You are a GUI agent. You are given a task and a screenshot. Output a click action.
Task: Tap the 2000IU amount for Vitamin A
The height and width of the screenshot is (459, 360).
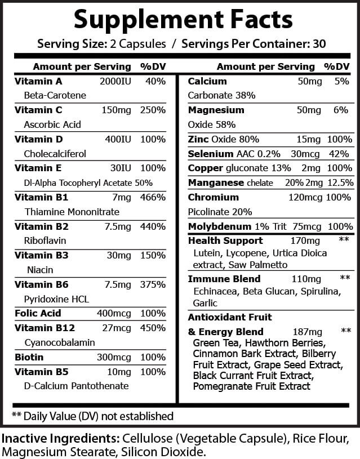114,81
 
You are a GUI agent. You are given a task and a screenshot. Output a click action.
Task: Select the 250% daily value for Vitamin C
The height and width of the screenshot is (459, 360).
153,110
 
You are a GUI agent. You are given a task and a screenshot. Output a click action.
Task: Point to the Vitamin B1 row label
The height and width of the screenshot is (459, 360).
34,198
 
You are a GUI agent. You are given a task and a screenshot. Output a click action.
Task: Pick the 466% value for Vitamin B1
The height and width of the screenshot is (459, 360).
153,198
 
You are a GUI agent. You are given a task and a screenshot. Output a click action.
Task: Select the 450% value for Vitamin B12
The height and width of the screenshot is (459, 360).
153,328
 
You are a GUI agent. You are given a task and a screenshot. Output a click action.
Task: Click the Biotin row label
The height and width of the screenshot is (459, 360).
30,357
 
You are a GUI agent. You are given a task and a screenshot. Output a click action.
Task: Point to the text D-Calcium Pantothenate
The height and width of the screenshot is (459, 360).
77,386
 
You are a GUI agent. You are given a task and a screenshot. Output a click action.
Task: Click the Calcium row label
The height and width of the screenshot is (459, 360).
207,81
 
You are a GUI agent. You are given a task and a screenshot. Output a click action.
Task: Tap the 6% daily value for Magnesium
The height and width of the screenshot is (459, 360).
341,110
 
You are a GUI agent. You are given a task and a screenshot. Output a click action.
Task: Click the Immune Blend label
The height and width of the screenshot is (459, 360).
224,279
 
